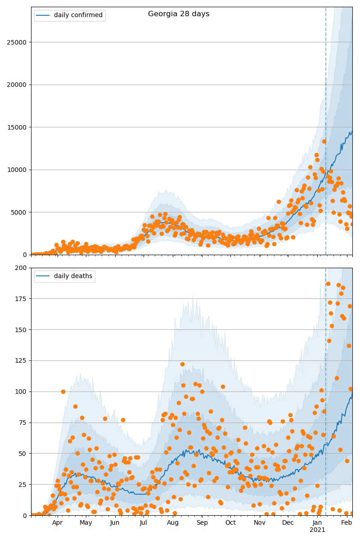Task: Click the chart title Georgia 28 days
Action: click(x=179, y=14)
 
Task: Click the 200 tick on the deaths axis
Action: click(x=21, y=268)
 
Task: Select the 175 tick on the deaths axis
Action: click(x=21, y=299)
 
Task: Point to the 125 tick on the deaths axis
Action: click(x=21, y=361)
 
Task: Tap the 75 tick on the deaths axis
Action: click(x=22, y=423)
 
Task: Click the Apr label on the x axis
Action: click(x=57, y=523)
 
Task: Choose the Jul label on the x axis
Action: click(x=143, y=523)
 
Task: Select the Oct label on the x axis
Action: click(x=230, y=523)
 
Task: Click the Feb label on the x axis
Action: click(x=346, y=523)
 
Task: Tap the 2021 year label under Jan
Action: click(x=317, y=530)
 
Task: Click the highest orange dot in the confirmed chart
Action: click(x=324, y=141)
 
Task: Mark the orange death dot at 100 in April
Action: click(x=63, y=391)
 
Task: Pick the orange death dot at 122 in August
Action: click(x=182, y=364)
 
